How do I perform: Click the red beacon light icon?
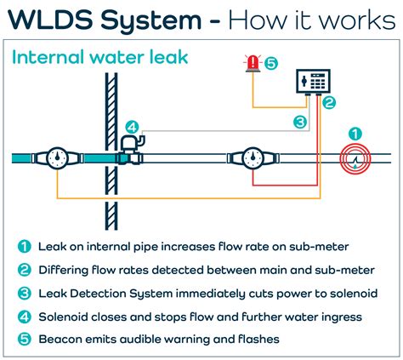tap(253, 63)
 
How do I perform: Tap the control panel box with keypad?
tap(313, 82)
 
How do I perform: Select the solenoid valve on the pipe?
tap(131, 151)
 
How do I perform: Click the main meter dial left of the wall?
tap(58, 158)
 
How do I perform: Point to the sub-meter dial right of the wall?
tap(253, 158)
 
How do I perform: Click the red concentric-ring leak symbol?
tap(355, 158)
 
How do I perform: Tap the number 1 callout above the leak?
tap(355, 134)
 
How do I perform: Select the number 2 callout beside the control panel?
tap(329, 102)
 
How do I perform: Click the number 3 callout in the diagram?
tap(300, 123)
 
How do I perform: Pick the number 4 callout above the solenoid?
tap(132, 128)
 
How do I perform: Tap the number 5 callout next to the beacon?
tap(271, 63)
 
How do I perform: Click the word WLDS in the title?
tap(50, 20)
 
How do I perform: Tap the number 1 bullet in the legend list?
tap(25, 247)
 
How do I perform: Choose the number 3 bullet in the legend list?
tap(25, 293)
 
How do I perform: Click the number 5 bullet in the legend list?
tap(25, 339)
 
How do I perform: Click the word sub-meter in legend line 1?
tap(319, 247)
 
